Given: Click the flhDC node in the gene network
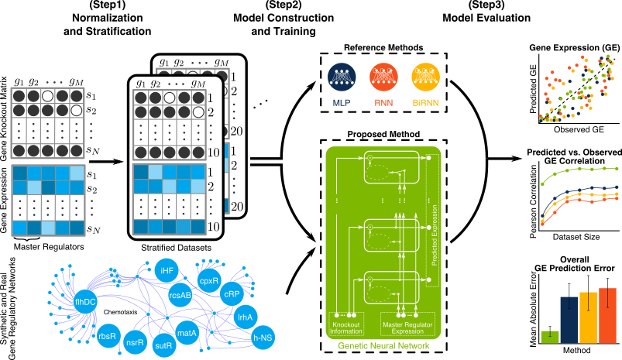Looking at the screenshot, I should click(x=85, y=301).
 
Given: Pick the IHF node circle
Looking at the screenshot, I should click(x=167, y=271).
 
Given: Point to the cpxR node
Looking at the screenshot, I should click(x=209, y=279).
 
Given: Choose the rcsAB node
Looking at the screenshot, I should click(x=180, y=294).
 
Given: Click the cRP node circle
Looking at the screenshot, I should click(x=232, y=295).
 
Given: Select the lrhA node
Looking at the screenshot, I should click(x=246, y=317).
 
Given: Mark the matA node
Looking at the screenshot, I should click(x=187, y=333).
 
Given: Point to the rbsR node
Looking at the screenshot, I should click(x=107, y=336).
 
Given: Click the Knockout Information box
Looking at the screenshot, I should click(x=346, y=324).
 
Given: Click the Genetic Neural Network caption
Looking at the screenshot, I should click(x=383, y=346).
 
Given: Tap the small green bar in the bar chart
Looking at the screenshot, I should click(x=550, y=336).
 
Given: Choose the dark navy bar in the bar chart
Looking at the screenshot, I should click(x=569, y=319).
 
